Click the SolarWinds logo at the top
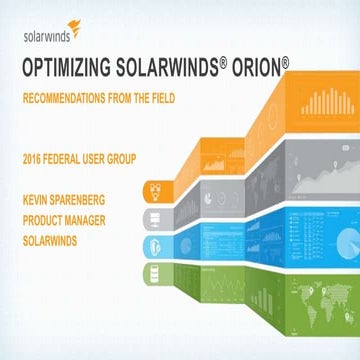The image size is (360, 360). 50,30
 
